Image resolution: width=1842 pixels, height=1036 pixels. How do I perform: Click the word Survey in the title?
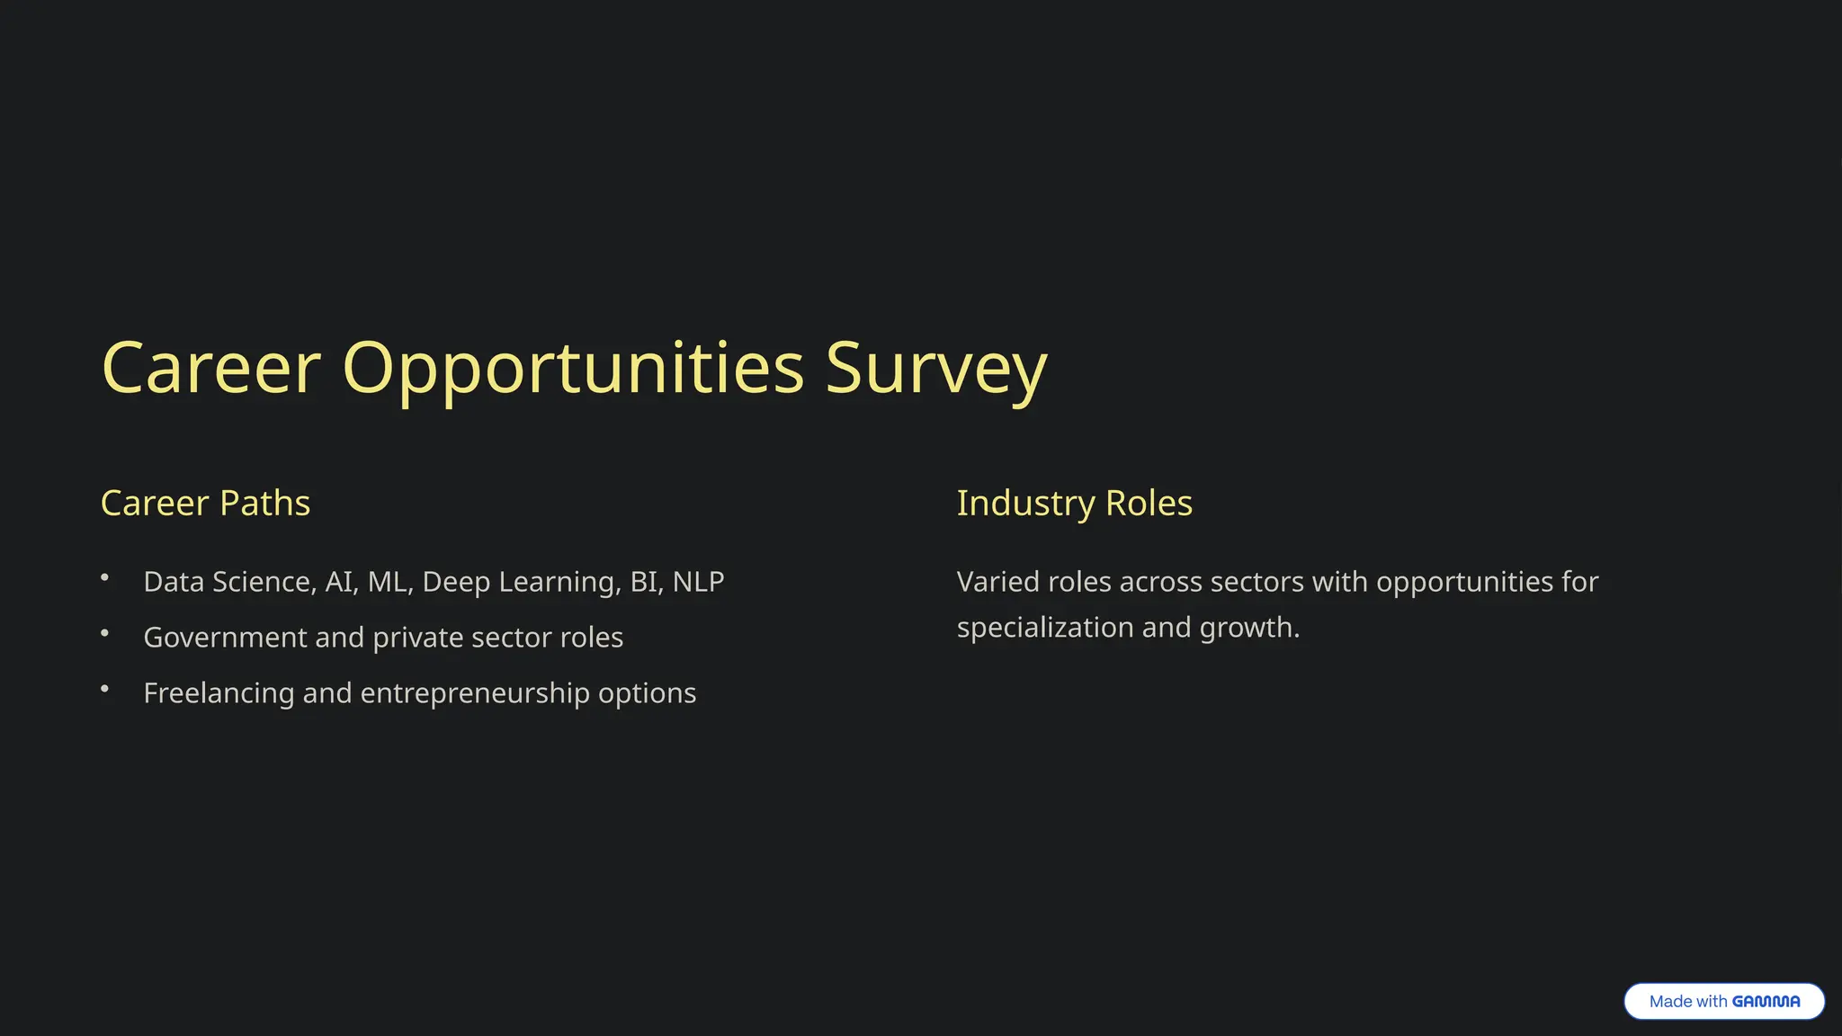pyautogui.click(x=935, y=369)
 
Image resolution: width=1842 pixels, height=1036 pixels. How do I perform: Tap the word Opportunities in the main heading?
pyautogui.click(x=573, y=369)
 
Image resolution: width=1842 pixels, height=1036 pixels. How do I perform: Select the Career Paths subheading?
pyautogui.click(x=205, y=503)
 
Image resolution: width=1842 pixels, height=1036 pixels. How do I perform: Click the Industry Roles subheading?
pyautogui.click(x=1074, y=503)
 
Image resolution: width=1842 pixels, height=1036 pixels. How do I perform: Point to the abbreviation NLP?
pyautogui.click(x=698, y=582)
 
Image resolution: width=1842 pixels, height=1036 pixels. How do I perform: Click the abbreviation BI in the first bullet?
pyautogui.click(x=644, y=582)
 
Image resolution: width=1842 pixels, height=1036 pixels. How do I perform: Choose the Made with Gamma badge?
pyautogui.click(x=1723, y=1001)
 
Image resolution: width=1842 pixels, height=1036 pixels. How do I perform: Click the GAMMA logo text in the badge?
pyautogui.click(x=1766, y=1001)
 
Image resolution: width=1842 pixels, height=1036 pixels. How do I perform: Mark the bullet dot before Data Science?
pyautogui.click(x=104, y=577)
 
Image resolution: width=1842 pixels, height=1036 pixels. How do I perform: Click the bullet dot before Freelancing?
pyautogui.click(x=104, y=689)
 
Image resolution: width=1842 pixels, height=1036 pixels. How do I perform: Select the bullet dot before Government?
pyautogui.click(x=104, y=633)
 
